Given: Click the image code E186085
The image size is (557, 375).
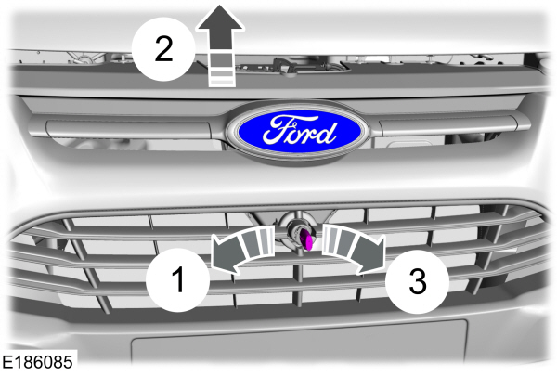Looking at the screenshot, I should [38, 359].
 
